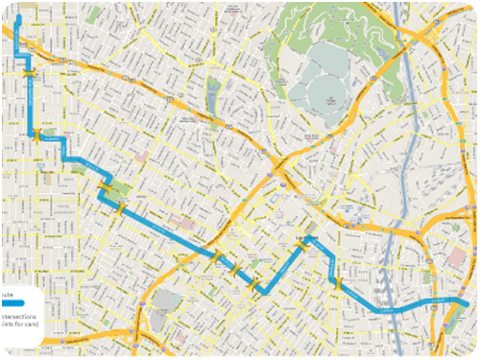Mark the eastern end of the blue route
[x=467, y=305]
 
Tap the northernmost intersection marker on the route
[x=32, y=72]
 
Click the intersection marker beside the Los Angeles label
[x=303, y=245]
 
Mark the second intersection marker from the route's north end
[x=38, y=137]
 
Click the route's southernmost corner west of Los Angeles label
[x=261, y=289]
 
